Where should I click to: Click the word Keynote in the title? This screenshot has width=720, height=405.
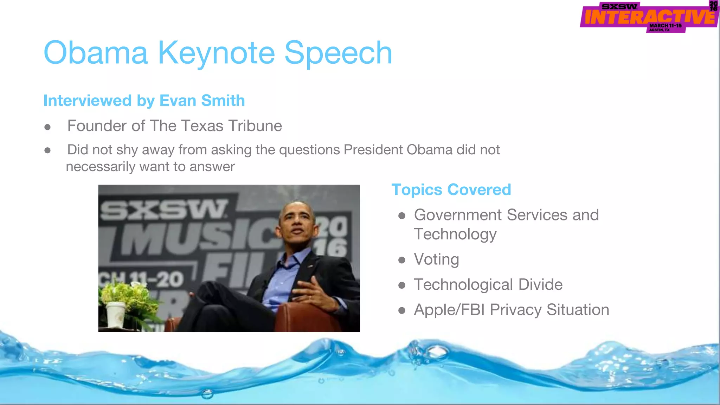pos(216,53)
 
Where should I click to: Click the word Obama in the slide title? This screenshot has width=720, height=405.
pos(96,53)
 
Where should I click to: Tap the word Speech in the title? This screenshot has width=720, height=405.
pos(338,53)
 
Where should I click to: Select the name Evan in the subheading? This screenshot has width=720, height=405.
pos(178,101)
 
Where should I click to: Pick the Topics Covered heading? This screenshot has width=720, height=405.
pos(451,190)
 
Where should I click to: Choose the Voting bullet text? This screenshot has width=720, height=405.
pos(436,259)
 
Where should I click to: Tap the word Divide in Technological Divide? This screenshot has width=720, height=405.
pos(540,284)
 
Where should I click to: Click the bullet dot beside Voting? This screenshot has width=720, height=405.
pos(402,260)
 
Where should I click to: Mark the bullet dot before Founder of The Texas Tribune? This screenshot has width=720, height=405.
pos(47,127)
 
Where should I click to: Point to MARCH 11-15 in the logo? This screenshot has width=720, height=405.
pos(665,26)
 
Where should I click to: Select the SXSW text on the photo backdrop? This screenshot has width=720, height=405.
pos(163,210)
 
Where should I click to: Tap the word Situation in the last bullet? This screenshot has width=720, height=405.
pos(578,310)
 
